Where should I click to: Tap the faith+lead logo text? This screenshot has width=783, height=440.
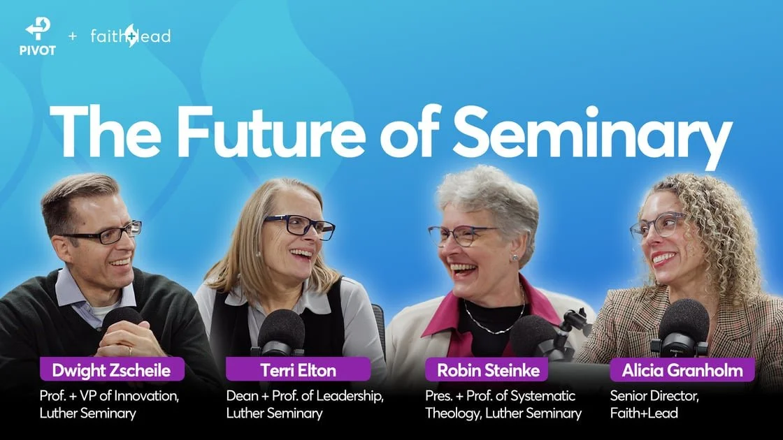pyautogui.click(x=131, y=36)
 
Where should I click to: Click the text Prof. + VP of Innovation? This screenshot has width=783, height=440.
pyautogui.click(x=109, y=396)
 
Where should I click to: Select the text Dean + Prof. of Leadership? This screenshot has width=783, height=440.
pyautogui.click(x=305, y=396)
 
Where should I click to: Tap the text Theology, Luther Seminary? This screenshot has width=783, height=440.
pyautogui.click(x=503, y=413)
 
